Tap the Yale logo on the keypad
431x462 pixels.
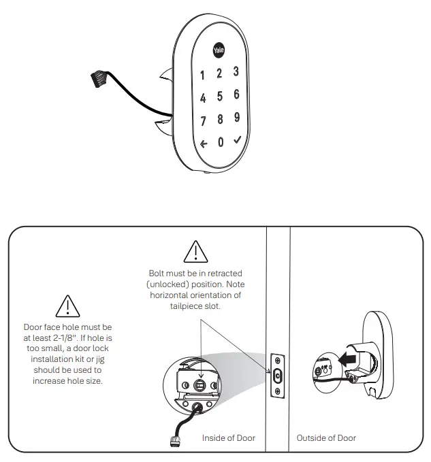(219, 50)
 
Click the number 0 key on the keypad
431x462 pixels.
(220, 143)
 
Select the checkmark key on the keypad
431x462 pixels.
(237, 140)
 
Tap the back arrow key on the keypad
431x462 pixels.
(204, 144)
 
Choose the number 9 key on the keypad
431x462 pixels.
(237, 117)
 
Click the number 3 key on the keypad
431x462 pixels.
(236, 71)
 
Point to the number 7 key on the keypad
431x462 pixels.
(203, 122)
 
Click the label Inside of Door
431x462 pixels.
(229, 438)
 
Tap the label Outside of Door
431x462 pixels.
(326, 438)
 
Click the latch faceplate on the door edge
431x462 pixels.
(278, 376)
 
